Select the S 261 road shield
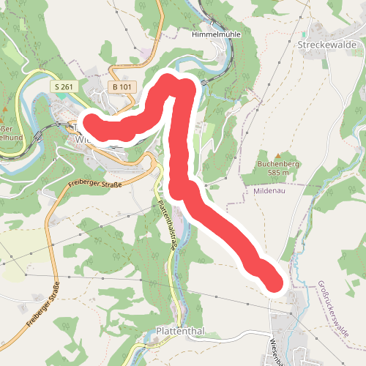[x=63, y=87]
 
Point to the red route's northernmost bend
[x=170, y=81]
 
